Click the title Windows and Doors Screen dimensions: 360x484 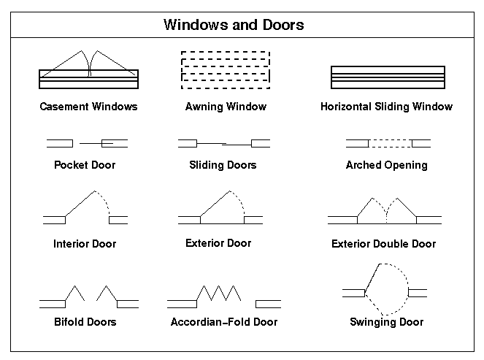(234, 25)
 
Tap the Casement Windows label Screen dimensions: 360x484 (88, 107)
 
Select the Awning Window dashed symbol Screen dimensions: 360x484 (226, 69)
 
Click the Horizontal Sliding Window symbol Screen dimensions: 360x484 (388, 75)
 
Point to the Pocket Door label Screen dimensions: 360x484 (85, 165)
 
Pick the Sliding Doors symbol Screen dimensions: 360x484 (223, 142)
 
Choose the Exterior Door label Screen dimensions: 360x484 (218, 243)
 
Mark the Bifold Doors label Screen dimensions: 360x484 (85, 322)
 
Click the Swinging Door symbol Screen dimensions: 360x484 (385, 286)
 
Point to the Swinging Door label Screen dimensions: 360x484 (387, 322)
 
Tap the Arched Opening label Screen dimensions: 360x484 (386, 165)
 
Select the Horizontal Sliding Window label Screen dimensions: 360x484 (386, 107)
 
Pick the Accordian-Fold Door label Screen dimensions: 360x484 (224, 322)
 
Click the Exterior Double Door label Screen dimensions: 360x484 (384, 244)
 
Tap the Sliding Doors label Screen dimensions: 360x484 (223, 165)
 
